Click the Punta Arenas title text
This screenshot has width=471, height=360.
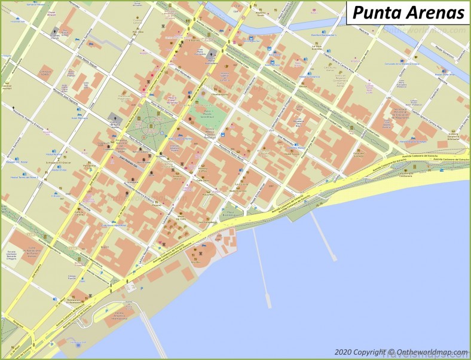408,12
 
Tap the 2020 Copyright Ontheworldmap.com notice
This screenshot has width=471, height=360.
401,352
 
